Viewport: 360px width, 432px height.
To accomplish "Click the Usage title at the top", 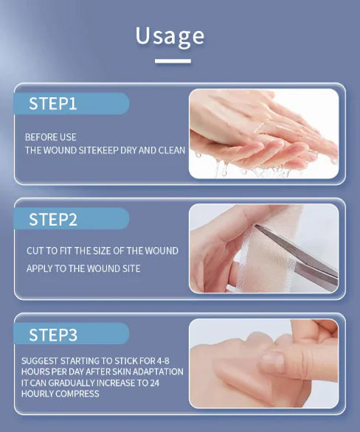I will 170,36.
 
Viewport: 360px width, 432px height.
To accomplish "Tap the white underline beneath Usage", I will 173,61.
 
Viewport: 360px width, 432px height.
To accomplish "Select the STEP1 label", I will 52,104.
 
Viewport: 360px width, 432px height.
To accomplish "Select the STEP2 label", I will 52,219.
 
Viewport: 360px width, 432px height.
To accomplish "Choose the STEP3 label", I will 52,335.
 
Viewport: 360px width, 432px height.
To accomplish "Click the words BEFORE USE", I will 50,137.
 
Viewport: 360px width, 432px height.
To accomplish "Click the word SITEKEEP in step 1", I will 102,150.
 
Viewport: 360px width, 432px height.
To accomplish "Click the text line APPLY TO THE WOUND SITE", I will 83,268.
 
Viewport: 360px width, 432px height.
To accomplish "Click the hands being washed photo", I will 263,133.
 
